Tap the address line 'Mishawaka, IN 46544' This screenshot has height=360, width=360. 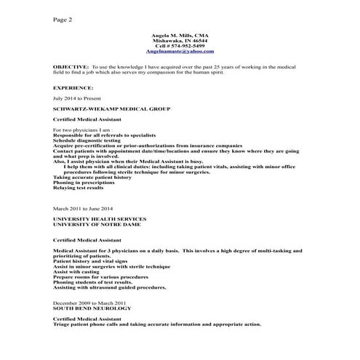point(179,41)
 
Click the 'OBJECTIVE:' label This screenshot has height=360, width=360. point(71,66)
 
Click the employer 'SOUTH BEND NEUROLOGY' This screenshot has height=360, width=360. point(92,308)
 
